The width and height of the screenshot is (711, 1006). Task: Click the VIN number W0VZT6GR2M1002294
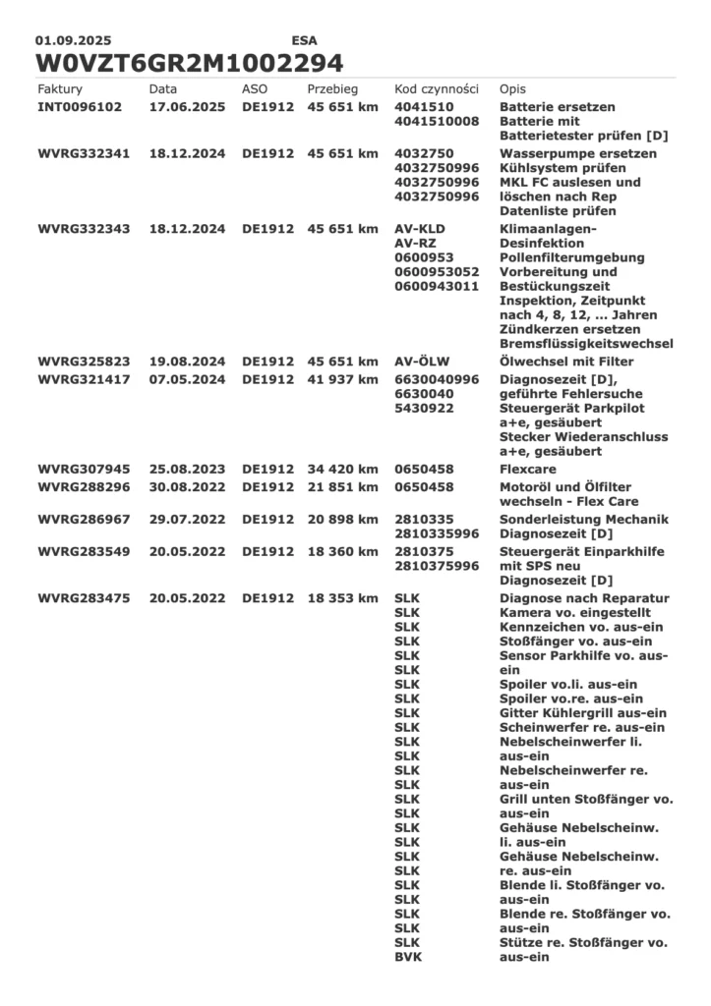tap(190, 63)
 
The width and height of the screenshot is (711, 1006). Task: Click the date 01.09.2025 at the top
tap(74, 41)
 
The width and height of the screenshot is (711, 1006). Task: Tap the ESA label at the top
tap(305, 41)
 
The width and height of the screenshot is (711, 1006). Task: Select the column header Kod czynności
tap(436, 88)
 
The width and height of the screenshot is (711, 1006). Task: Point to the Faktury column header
tap(60, 88)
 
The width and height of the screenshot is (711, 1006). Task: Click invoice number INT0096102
tap(80, 106)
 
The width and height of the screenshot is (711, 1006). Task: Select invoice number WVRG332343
tap(84, 229)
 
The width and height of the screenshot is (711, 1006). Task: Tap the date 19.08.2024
tap(188, 362)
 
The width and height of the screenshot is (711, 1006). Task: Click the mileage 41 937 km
tap(343, 379)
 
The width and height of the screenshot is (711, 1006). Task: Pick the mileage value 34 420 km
tap(343, 470)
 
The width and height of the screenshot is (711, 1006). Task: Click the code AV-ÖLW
tap(425, 362)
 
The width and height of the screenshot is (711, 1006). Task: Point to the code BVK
tap(407, 957)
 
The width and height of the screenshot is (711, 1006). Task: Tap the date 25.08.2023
tap(188, 470)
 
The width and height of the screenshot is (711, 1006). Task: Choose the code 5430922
tap(427, 408)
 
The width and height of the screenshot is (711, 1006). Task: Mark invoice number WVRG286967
tap(84, 519)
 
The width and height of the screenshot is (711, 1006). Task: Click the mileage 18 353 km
tap(343, 598)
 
